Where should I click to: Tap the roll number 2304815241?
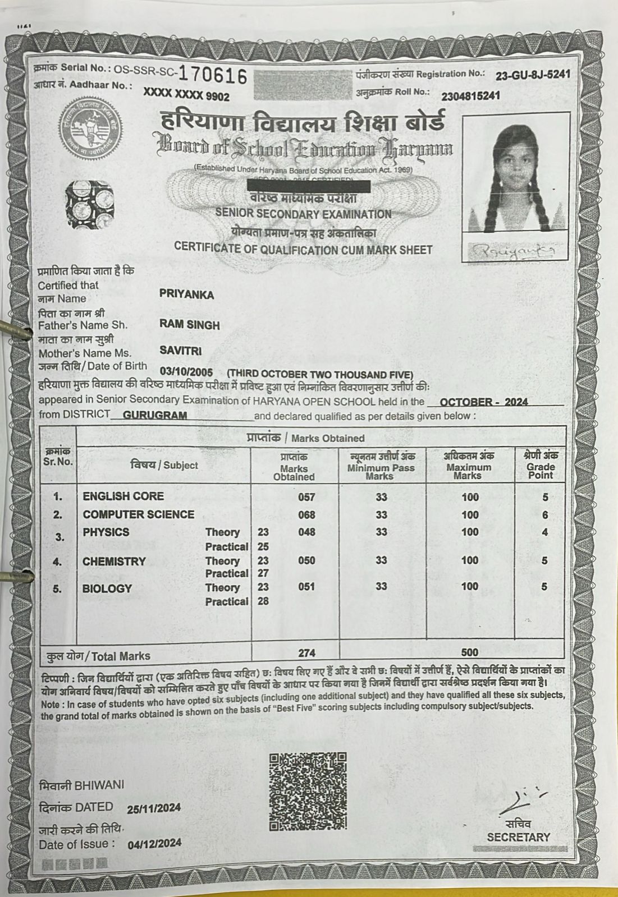[x=470, y=96]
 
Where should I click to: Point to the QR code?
[x=308, y=792]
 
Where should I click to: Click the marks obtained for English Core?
[x=306, y=497]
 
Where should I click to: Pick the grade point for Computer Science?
[x=544, y=515]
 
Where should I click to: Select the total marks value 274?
[x=306, y=653]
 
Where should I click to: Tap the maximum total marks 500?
[x=469, y=652]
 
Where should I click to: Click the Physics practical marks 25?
[x=263, y=546]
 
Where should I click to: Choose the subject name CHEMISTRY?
[x=114, y=562]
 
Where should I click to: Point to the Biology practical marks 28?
[x=263, y=601]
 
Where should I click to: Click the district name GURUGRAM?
[x=154, y=416]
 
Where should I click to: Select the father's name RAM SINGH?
[x=190, y=325]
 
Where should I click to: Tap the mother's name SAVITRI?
[x=180, y=351]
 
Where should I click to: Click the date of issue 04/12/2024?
[x=154, y=844]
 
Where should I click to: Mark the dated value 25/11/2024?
[x=154, y=808]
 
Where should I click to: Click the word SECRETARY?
[x=518, y=837]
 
